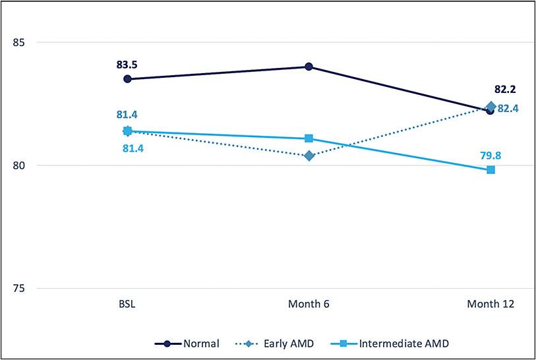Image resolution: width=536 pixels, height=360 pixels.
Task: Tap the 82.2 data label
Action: coord(505,89)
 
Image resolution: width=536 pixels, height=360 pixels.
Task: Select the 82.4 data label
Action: coord(508,108)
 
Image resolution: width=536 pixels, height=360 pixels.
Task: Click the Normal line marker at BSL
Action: coord(127,79)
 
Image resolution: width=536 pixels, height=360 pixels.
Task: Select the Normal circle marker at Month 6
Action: coord(309,67)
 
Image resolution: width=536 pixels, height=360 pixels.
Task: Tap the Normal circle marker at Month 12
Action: coord(490,111)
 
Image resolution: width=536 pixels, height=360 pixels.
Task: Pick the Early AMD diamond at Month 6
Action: coord(309,156)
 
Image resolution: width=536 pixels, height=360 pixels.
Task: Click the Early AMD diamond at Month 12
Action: coord(491,106)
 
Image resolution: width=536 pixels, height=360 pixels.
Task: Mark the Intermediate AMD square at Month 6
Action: coord(309,138)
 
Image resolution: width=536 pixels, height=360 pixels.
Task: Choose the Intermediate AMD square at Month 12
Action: coord(491,170)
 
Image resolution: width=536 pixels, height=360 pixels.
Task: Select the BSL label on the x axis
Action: coord(127,305)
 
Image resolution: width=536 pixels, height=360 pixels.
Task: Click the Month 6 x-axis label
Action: coord(309,305)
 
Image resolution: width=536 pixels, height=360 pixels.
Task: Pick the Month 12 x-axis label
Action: coord(491,305)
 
